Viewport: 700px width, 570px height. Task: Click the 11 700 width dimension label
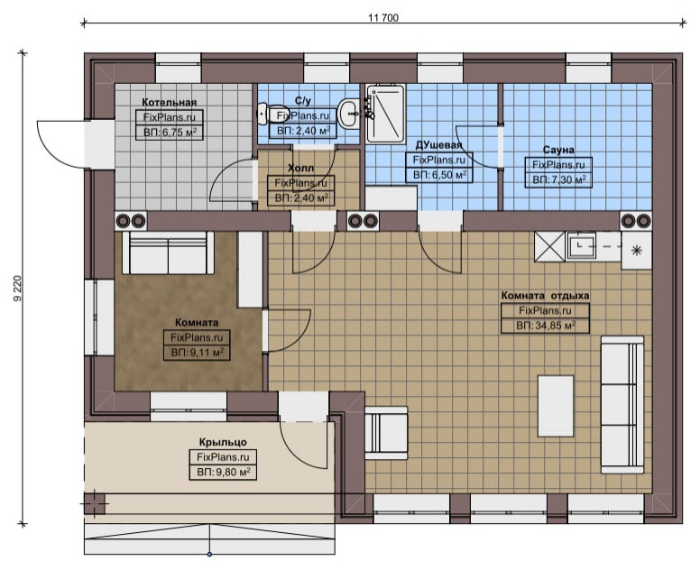(383, 18)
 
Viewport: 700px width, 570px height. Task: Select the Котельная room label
(170, 102)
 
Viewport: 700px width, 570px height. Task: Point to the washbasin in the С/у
(348, 114)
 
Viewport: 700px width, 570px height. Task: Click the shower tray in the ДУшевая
(385, 114)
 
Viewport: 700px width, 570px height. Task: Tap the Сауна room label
(558, 150)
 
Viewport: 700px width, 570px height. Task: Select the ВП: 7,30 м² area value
(559, 179)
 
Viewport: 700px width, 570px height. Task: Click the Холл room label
(301, 169)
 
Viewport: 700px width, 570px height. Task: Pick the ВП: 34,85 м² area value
(546, 326)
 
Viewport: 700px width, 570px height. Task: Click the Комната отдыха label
(545, 296)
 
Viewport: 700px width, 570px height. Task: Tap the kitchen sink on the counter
(581, 246)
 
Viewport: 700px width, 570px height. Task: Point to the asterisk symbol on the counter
(637, 251)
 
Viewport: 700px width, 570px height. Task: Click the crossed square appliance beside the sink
(550, 246)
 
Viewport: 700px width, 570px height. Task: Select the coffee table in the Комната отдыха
(556, 406)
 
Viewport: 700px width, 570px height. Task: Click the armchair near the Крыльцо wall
(387, 433)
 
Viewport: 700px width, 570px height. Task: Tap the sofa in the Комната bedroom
(168, 253)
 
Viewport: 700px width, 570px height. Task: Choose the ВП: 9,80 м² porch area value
(223, 473)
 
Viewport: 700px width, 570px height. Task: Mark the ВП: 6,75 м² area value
(170, 133)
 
